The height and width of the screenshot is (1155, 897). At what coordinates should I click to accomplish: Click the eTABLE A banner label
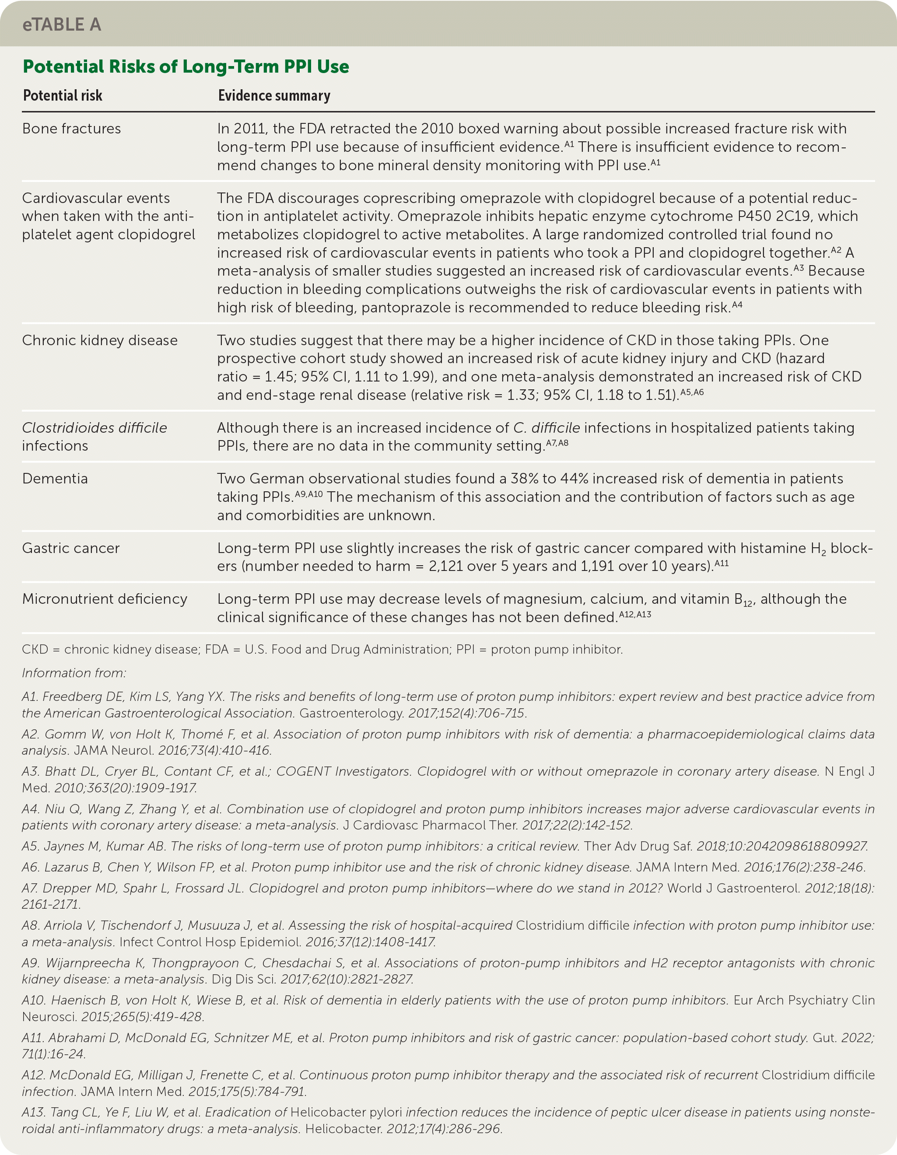(62, 24)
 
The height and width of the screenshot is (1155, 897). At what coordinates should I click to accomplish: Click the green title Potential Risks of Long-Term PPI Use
(186, 66)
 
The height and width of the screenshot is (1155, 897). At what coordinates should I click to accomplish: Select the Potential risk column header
(63, 96)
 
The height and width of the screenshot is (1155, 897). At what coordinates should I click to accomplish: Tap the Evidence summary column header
(274, 96)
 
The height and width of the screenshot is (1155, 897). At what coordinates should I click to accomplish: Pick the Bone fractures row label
(71, 129)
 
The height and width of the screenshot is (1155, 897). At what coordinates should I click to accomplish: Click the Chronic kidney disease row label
(99, 340)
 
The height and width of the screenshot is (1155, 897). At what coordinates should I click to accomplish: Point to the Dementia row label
(55, 479)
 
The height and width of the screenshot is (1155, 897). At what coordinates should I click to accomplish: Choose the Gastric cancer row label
(71, 548)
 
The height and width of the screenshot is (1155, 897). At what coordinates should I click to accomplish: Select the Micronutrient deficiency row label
(105, 598)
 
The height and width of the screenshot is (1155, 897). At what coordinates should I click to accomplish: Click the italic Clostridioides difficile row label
(95, 428)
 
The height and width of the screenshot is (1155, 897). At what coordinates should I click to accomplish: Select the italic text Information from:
(74, 673)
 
